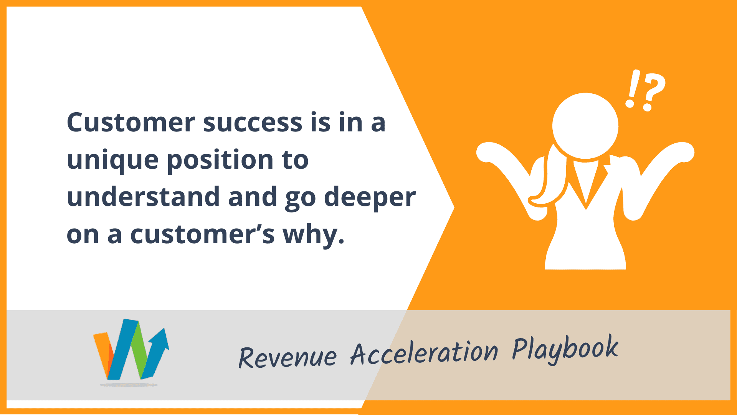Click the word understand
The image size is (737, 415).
144,196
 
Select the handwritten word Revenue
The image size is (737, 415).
288,357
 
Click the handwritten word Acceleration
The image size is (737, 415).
424,352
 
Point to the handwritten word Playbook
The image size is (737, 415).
565,349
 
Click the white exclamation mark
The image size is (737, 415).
632,88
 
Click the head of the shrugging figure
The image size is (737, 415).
585,126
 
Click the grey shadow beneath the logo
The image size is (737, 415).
129,385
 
